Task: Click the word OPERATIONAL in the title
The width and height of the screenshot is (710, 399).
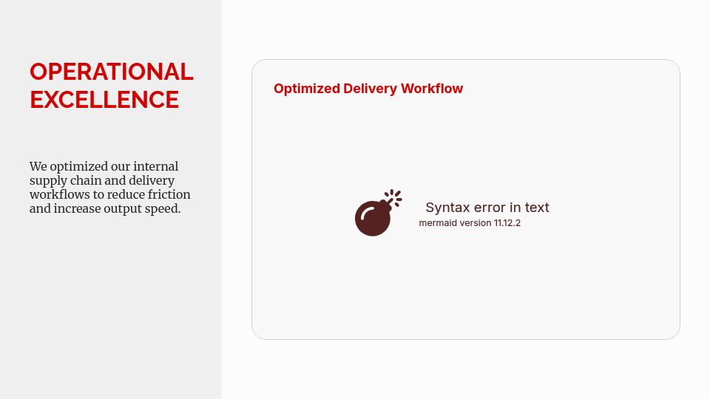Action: tap(112, 72)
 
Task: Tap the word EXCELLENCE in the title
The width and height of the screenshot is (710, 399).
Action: tap(104, 100)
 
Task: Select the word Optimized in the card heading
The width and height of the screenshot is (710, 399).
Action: tap(306, 89)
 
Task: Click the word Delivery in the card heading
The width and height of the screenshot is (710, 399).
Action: tap(370, 89)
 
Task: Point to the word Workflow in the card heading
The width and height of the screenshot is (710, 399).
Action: tap(431, 88)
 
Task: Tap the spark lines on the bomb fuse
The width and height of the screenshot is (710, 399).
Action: tap(394, 197)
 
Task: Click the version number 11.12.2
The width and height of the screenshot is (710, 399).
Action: tap(507, 223)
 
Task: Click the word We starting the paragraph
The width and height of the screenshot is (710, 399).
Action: tap(38, 166)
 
